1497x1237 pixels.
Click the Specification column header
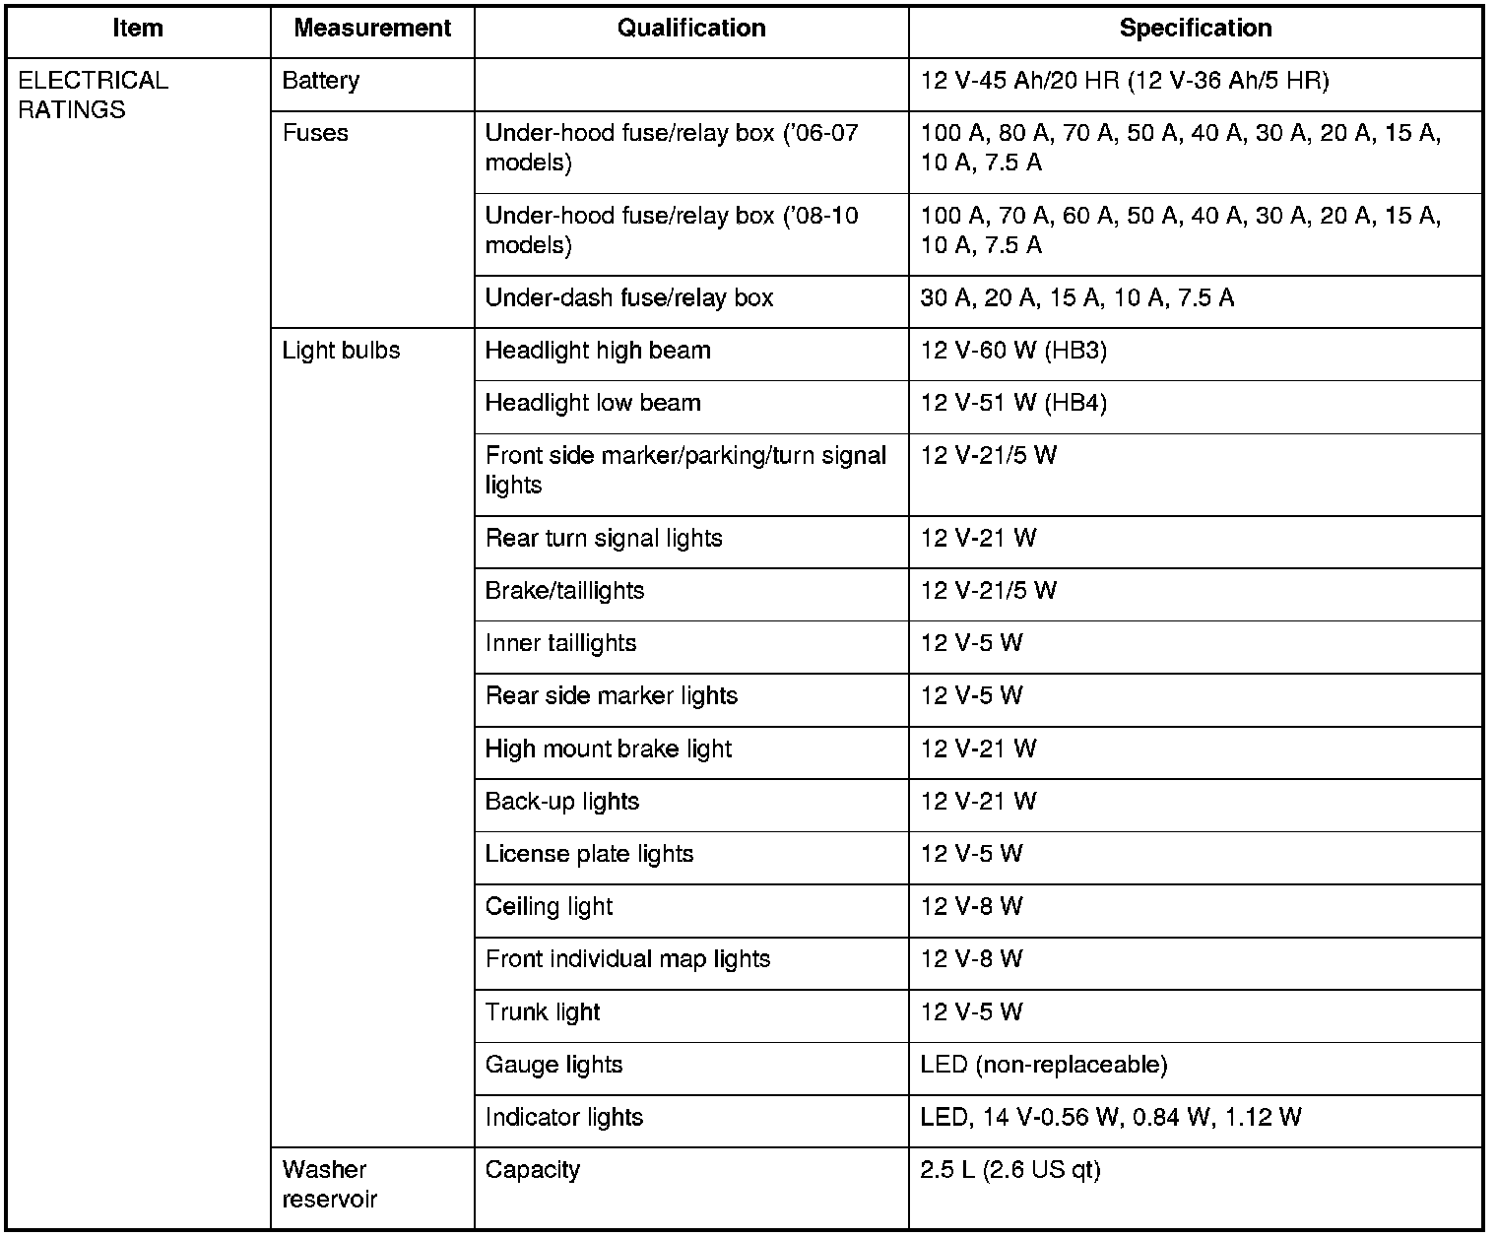click(x=1195, y=29)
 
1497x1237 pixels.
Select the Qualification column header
click(x=691, y=29)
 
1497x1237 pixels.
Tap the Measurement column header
click(x=372, y=29)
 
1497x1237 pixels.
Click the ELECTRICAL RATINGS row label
click(x=94, y=95)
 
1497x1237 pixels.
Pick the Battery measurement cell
click(x=321, y=81)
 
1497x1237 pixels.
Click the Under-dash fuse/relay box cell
click(x=629, y=298)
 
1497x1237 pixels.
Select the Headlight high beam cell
click(x=598, y=351)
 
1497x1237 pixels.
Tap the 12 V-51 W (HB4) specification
click(x=1013, y=404)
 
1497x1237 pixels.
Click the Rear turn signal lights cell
click(x=604, y=539)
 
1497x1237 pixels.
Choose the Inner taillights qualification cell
click(x=560, y=644)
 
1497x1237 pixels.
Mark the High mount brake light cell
click(x=609, y=749)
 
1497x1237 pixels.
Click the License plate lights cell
click(x=589, y=855)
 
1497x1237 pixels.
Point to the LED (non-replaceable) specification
click(x=1044, y=1066)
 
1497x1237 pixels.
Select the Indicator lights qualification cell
click(x=564, y=1118)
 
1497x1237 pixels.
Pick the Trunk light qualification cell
click(x=543, y=1012)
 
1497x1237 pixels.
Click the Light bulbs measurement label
click(x=341, y=351)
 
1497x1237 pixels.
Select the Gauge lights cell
click(x=553, y=1066)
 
